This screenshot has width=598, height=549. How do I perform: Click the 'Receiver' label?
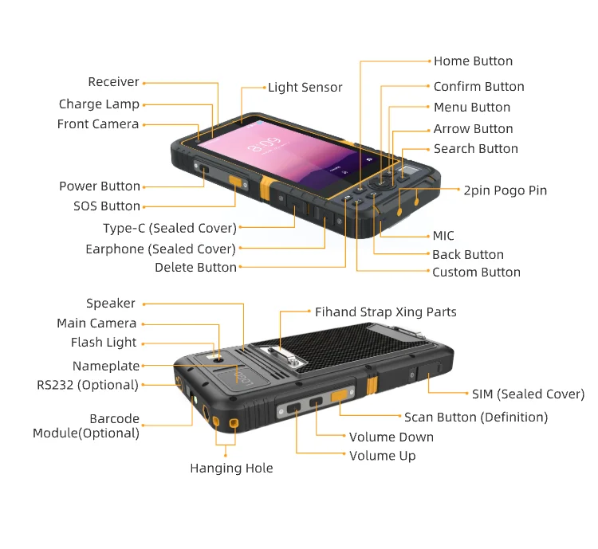[113, 82]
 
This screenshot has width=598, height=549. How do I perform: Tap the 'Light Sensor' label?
[305, 88]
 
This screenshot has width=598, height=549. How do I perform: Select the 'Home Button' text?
[473, 61]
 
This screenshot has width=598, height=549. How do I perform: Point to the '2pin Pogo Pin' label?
[505, 190]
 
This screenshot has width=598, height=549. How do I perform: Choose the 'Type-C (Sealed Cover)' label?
[170, 229]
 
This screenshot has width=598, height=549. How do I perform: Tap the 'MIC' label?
[443, 236]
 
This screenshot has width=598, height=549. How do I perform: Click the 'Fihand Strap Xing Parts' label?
[386, 312]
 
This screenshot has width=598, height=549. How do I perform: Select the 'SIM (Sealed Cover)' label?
[528, 394]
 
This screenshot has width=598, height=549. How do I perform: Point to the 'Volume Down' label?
[391, 437]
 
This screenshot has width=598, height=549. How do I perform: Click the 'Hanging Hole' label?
[231, 469]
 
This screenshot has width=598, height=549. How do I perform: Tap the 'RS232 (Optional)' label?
[88, 385]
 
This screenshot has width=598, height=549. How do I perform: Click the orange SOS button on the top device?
[237, 182]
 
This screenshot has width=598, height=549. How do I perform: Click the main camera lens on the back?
[218, 360]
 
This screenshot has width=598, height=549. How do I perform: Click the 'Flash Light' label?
[104, 343]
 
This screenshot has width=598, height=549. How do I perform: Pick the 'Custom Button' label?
[476, 273]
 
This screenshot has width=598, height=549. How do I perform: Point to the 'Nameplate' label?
[106, 367]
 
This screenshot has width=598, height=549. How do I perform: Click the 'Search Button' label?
[475, 149]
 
